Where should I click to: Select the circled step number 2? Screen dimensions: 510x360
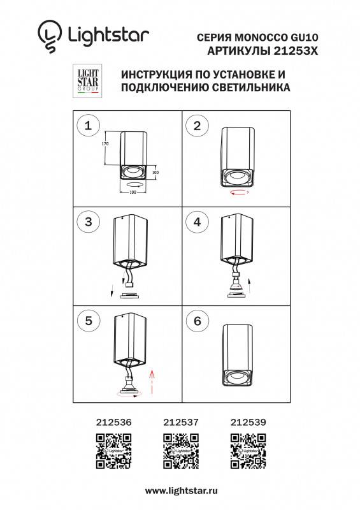coord(198,126)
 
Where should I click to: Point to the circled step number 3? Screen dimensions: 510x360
coord(88,222)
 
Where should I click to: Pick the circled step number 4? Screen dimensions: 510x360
coord(198,222)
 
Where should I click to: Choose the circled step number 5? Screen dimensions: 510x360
coord(88,321)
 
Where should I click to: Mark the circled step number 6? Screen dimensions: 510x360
coord(198,321)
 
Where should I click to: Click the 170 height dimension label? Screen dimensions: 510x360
coord(106,145)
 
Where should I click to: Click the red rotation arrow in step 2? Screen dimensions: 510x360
coord(240,191)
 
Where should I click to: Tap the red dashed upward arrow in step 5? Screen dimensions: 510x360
coord(151,381)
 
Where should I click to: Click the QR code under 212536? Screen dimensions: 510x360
coord(113,450)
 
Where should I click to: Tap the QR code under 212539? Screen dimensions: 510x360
coord(248,450)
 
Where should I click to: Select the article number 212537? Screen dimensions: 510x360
coord(181,421)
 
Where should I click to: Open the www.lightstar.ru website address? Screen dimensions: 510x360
coord(182,491)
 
